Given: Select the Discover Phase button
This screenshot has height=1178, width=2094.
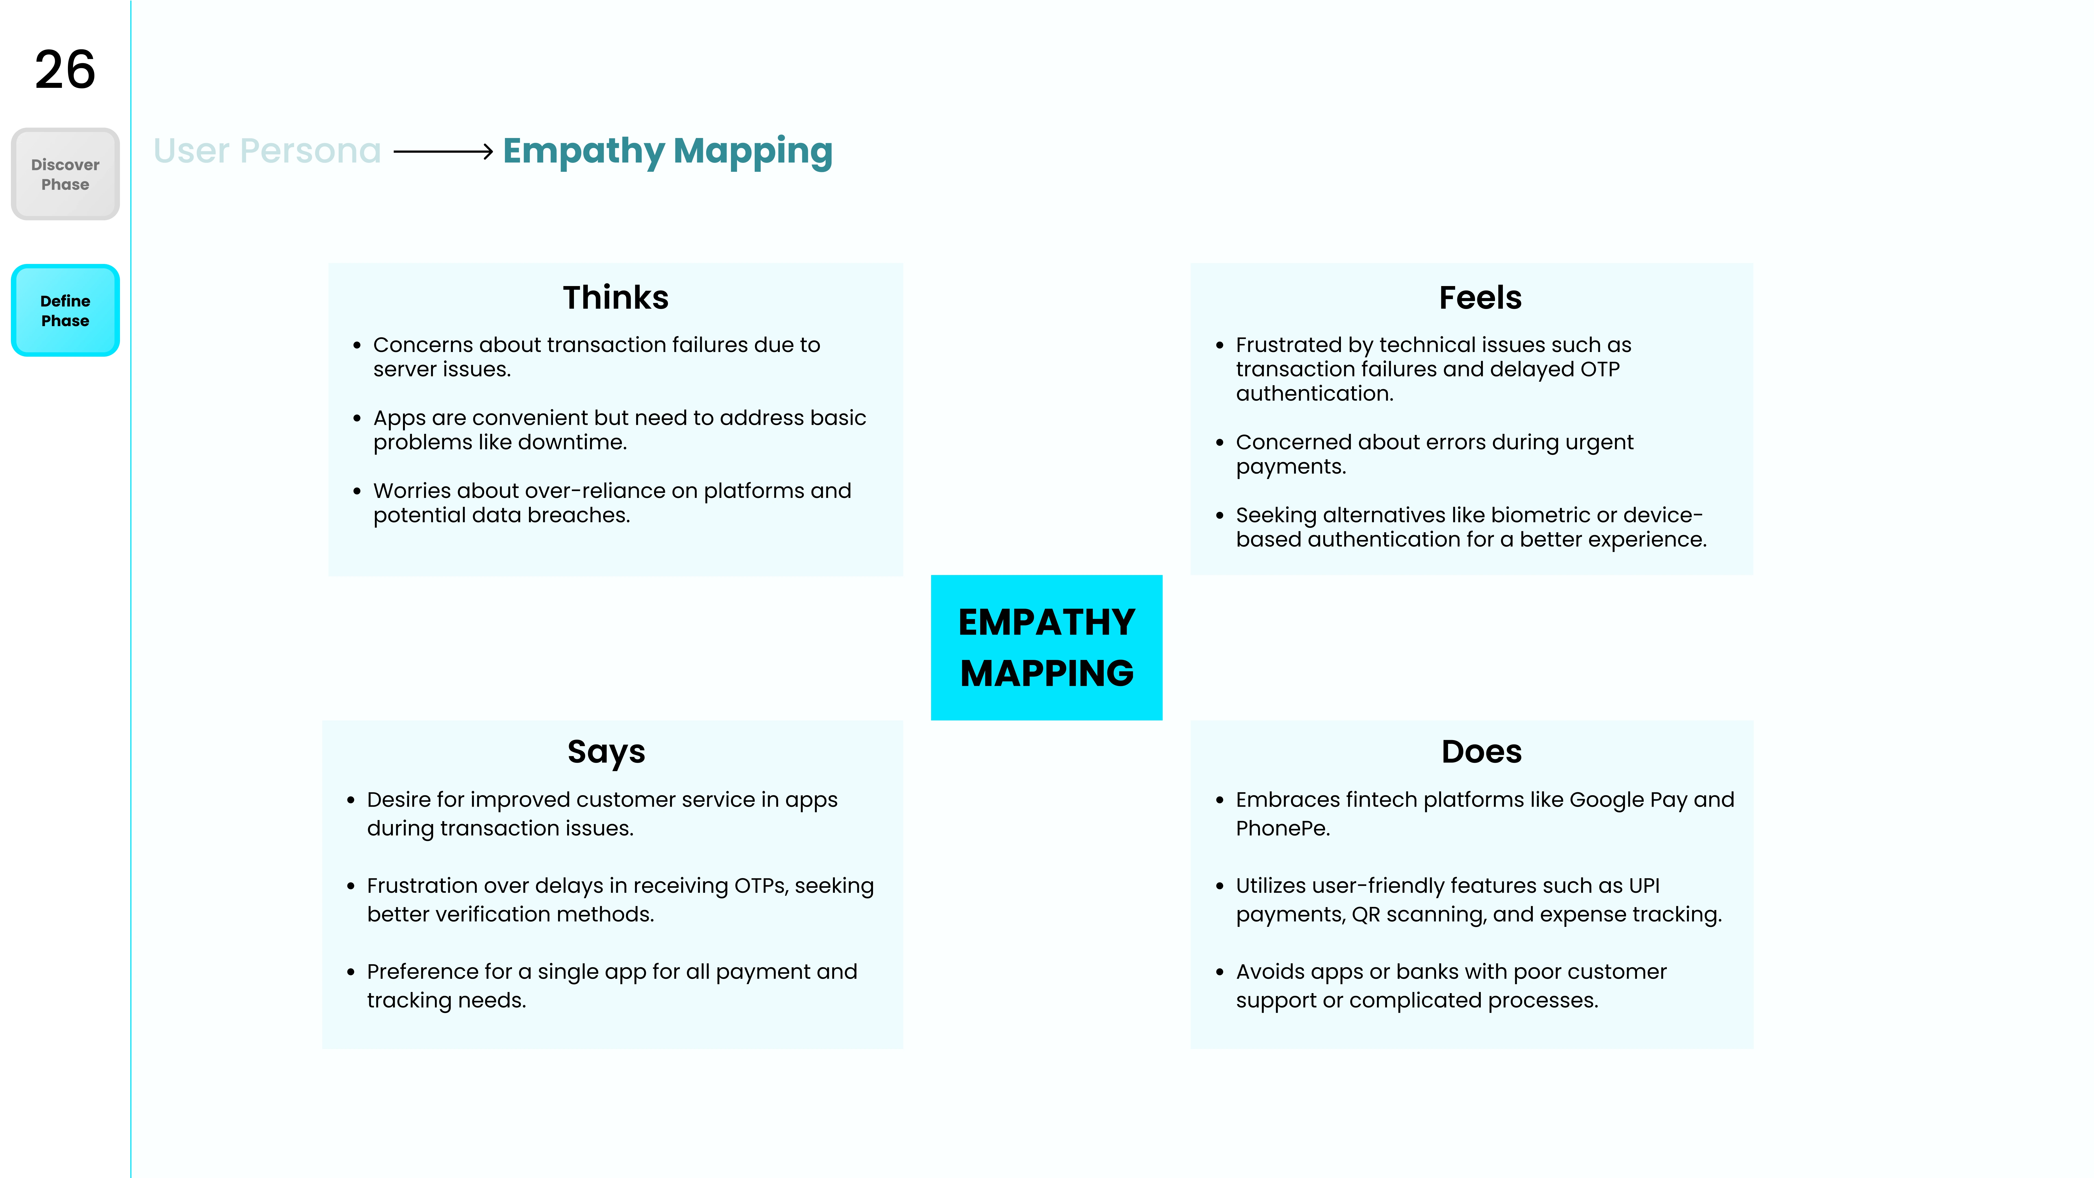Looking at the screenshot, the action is [65, 174].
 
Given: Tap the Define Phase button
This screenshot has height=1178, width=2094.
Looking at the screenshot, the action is [65, 311].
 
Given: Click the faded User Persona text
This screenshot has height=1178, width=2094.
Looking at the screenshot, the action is [267, 151].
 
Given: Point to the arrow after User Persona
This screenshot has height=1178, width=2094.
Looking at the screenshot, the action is [443, 151].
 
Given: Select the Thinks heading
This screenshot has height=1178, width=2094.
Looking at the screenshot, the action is [615, 297].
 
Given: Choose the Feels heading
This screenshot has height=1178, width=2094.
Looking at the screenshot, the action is [1480, 297].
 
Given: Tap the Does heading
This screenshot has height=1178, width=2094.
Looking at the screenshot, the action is [1481, 752].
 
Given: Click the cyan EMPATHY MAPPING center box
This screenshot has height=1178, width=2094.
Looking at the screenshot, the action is [1046, 647].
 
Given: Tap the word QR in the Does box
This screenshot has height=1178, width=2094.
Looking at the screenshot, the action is [1366, 915].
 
